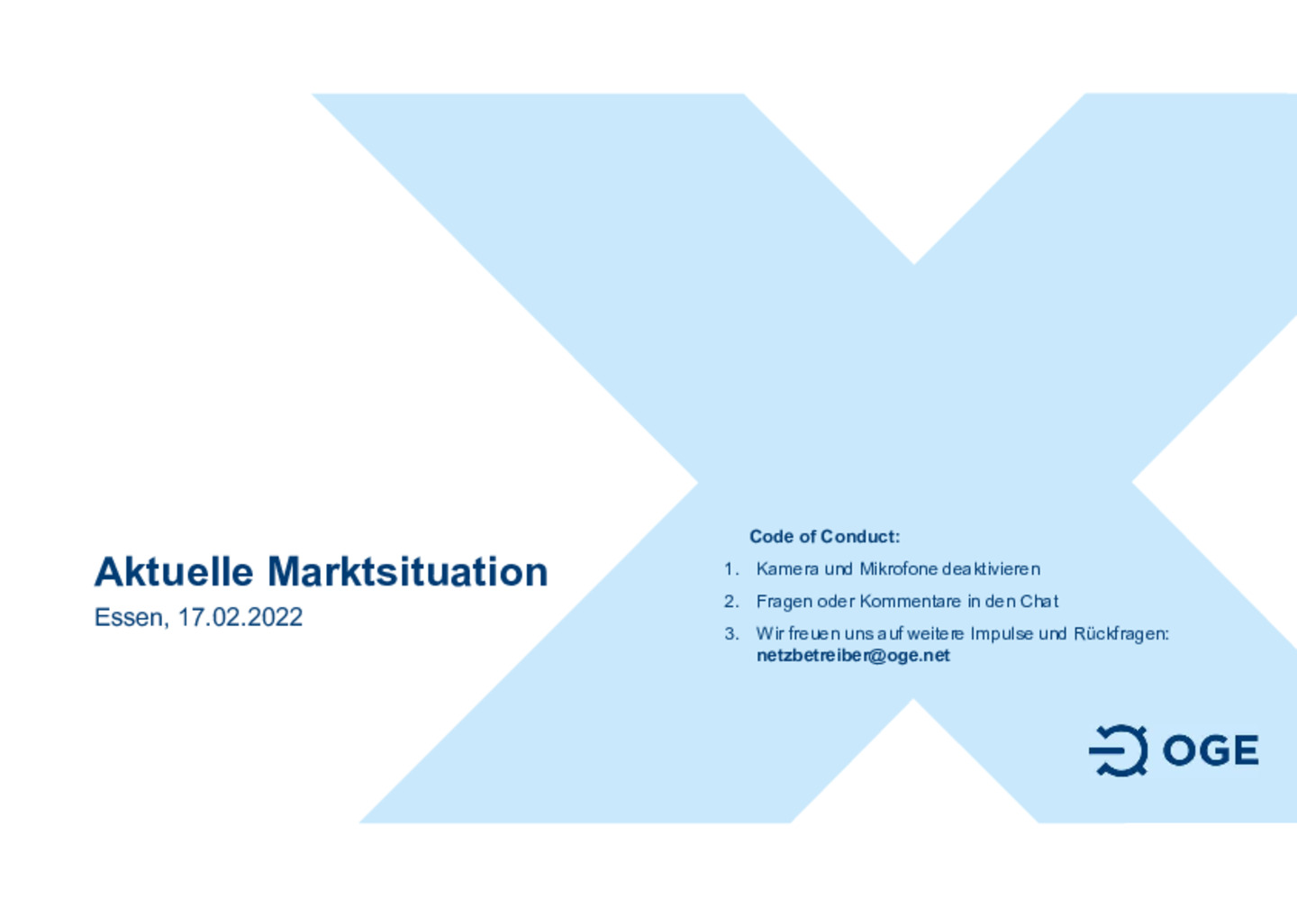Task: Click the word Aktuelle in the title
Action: (x=174, y=571)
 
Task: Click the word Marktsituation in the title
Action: (x=408, y=571)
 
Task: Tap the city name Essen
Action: (x=132, y=618)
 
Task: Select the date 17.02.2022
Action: (x=240, y=617)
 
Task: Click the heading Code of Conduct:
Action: (x=824, y=537)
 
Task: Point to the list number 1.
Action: (x=731, y=569)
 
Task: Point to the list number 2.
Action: (x=731, y=602)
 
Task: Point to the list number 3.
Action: (x=731, y=634)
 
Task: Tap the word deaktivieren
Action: (x=991, y=569)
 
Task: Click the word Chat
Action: (x=1039, y=602)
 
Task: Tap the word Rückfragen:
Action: (x=1121, y=634)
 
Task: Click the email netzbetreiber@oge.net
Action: (x=853, y=656)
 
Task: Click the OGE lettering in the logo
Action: (x=1211, y=750)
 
